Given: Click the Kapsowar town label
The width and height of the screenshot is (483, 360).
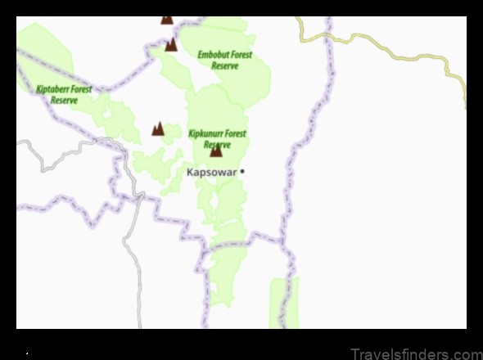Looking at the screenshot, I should pos(211,172).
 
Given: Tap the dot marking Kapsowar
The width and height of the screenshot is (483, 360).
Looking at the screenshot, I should pos(243,172).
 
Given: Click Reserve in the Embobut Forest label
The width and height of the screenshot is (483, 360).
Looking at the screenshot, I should pos(224,66).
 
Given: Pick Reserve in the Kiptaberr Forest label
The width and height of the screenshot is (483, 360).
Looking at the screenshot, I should pos(64,101).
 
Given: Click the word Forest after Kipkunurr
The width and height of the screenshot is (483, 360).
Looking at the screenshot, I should pos(235,133).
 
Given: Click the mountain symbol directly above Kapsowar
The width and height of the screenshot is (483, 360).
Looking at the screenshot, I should pos(216,151).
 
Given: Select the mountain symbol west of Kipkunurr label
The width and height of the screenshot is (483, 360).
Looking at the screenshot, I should pos(158,128).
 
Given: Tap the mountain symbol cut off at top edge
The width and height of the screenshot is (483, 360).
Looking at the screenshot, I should pos(167,19).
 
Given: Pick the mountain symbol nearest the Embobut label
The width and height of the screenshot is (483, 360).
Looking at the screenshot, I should pos(171,44).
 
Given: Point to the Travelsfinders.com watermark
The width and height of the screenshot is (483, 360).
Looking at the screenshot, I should pos(416,353).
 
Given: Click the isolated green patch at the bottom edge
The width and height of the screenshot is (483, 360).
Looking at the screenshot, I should pos(284,303).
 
